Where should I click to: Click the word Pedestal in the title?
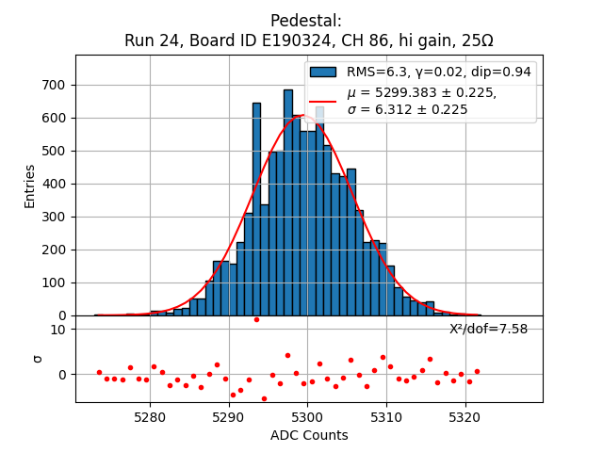coord(306,21)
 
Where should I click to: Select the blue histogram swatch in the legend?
coord(324,72)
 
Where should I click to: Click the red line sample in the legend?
coord(324,101)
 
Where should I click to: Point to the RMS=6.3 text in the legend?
coord(377,72)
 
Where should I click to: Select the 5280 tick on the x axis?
coord(151,415)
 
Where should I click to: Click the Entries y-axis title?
coord(30,186)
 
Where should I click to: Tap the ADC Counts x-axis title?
coord(309,435)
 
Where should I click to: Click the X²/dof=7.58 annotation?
coord(488,329)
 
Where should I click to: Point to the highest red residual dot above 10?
coord(256,319)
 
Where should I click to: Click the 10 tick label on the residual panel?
coord(57,329)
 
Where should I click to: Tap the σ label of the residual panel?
coord(38,358)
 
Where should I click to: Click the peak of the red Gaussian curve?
coord(303,116)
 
